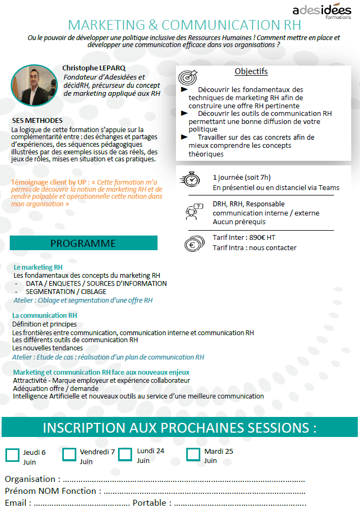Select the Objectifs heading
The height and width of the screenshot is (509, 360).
(251, 71)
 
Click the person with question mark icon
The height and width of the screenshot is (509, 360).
(193, 212)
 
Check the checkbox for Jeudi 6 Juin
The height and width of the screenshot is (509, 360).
(12, 455)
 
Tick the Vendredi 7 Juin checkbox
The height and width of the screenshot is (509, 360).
(69, 454)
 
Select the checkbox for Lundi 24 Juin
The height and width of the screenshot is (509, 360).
(125, 455)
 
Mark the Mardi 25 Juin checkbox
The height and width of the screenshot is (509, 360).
(193, 454)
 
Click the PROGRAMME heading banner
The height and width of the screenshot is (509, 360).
(83, 243)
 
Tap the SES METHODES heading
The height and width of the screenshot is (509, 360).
(37, 120)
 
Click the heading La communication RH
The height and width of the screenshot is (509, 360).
(44, 315)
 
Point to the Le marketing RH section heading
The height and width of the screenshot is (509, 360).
(38, 267)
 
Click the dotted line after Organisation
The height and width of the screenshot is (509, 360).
(184, 480)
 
